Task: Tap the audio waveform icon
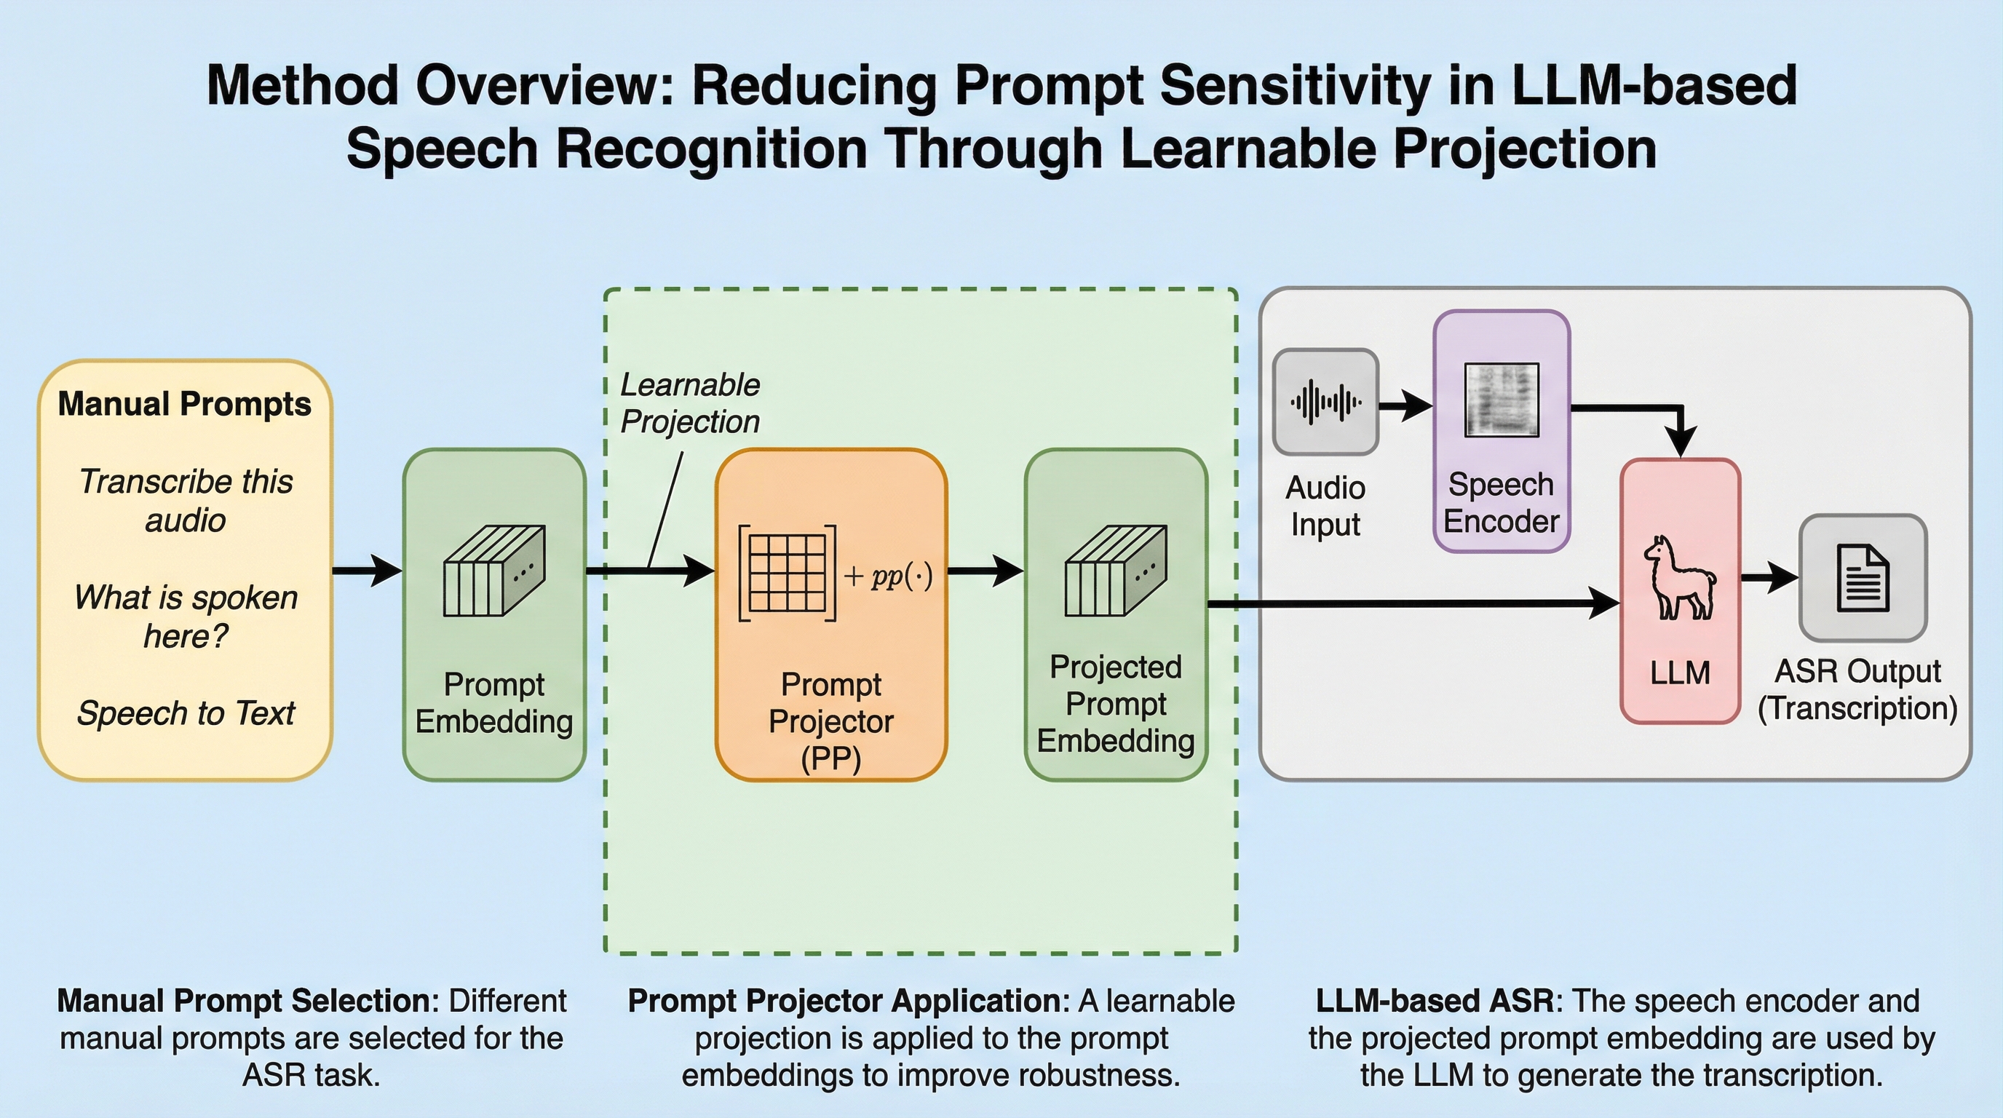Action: pyautogui.click(x=1325, y=402)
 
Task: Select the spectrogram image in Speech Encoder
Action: pyautogui.click(x=1502, y=400)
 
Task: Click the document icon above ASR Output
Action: pyautogui.click(x=1863, y=578)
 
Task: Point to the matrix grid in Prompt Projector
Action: pyautogui.click(x=787, y=573)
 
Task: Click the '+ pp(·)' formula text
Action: pyautogui.click(x=888, y=576)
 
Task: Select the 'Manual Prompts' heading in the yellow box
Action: pyautogui.click(x=184, y=404)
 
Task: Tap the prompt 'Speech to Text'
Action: pyautogui.click(x=186, y=713)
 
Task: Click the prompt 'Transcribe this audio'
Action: pyautogui.click(x=186, y=501)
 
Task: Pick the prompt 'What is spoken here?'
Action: pyautogui.click(x=186, y=617)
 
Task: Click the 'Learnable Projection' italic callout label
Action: pyautogui.click(x=690, y=403)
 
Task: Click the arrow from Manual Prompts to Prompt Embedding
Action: pyautogui.click(x=367, y=571)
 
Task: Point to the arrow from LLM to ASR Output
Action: pyautogui.click(x=1769, y=578)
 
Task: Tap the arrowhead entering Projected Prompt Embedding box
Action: pyautogui.click(x=1010, y=571)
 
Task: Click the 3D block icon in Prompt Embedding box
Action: pyautogui.click(x=493, y=571)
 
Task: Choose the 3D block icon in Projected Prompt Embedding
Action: pyautogui.click(x=1116, y=571)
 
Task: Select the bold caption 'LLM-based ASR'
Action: pyautogui.click(x=1435, y=1002)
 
